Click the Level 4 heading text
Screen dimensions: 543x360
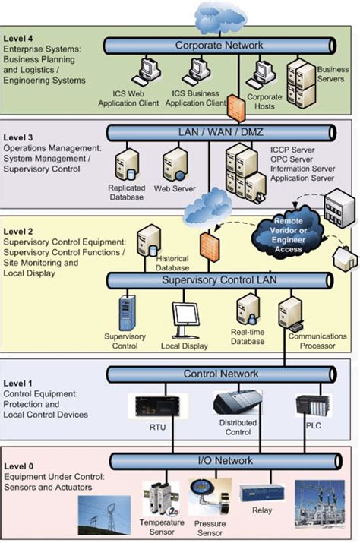[19, 36]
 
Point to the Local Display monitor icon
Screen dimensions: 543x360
[185, 317]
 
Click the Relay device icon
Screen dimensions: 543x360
[261, 493]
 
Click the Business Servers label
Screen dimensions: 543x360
[332, 74]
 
